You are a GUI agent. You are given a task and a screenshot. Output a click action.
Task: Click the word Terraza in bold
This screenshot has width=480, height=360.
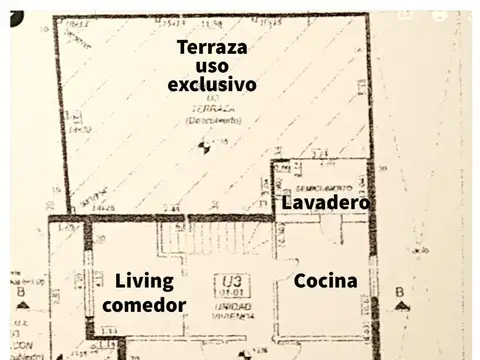pyautogui.click(x=212, y=46)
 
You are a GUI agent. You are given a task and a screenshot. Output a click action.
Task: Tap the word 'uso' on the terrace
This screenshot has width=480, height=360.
pyautogui.click(x=211, y=65)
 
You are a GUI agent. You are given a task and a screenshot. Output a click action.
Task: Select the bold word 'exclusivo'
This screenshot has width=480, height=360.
pyautogui.click(x=211, y=84)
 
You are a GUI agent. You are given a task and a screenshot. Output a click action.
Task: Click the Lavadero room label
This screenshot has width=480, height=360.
pyautogui.click(x=326, y=202)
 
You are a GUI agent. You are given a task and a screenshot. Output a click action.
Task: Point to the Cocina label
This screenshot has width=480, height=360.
pyautogui.click(x=325, y=281)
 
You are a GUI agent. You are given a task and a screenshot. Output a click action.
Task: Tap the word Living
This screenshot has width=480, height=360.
pyautogui.click(x=144, y=281)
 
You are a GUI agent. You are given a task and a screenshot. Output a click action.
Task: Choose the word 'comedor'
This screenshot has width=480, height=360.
pyautogui.click(x=144, y=305)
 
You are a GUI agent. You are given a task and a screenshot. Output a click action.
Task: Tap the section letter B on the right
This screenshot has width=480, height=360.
pyautogui.click(x=399, y=292)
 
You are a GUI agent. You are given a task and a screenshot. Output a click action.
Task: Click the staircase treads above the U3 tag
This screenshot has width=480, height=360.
pyautogui.click(x=187, y=240)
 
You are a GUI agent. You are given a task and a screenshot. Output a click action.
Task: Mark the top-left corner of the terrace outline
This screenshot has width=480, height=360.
pyautogui.click(x=55, y=17)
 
